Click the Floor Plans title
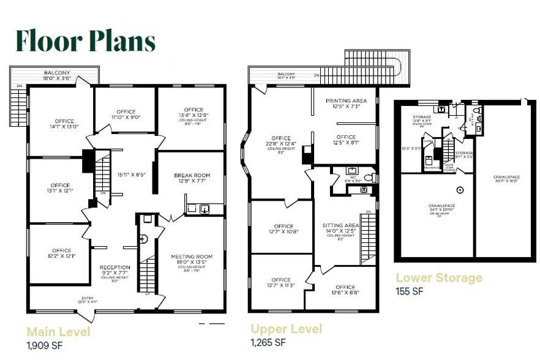point(85,40)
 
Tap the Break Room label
point(192,176)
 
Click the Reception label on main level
point(114,268)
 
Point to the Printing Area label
point(346,100)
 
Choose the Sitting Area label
point(342,226)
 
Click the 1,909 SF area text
point(44,346)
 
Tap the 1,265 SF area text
point(268,342)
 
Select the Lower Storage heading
point(438,278)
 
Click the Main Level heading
point(58,332)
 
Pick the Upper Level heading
point(286,329)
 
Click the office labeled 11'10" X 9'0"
point(124,112)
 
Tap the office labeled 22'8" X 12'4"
point(282,138)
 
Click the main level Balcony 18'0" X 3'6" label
point(56,72)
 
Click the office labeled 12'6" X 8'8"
point(345,287)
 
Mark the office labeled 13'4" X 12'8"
point(193,110)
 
